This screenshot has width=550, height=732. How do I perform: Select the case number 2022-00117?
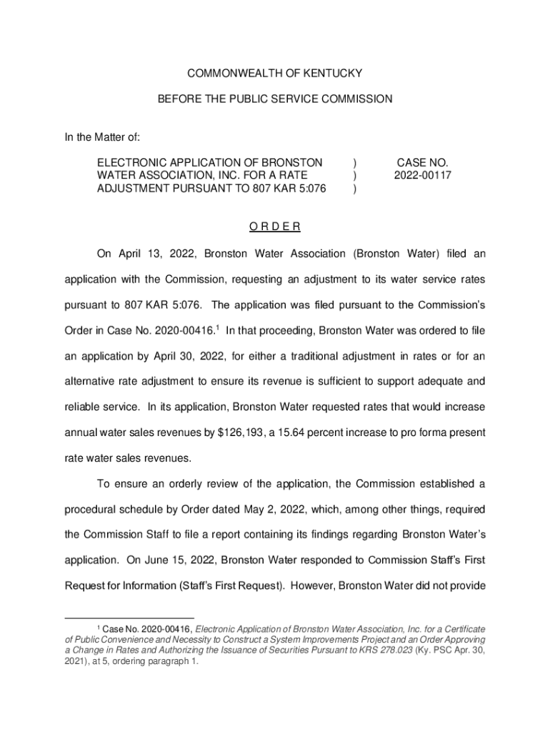click(x=422, y=175)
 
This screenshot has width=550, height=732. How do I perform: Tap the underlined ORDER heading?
click(x=275, y=227)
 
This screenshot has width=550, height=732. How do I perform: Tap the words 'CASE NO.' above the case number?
click(x=422, y=162)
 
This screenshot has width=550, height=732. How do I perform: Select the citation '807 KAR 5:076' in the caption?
click(x=291, y=188)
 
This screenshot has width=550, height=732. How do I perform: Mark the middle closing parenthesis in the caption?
click(x=356, y=175)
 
